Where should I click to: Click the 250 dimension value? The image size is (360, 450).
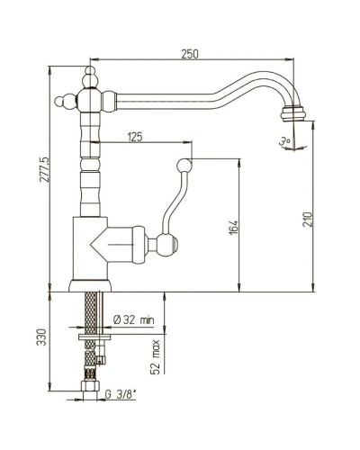tap(190, 54)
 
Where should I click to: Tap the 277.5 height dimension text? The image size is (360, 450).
tap(45, 169)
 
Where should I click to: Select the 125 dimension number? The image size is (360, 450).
tap(135, 137)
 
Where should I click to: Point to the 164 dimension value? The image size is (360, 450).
tap(234, 228)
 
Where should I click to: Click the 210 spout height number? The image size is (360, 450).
tap(307, 220)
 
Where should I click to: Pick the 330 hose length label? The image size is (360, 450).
tap(42, 337)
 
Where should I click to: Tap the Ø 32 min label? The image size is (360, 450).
tap(134, 319)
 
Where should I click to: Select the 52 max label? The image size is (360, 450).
tap(156, 357)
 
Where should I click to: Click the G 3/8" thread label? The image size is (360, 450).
tap(121, 394)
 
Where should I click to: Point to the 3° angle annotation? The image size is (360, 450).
tap(283, 141)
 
